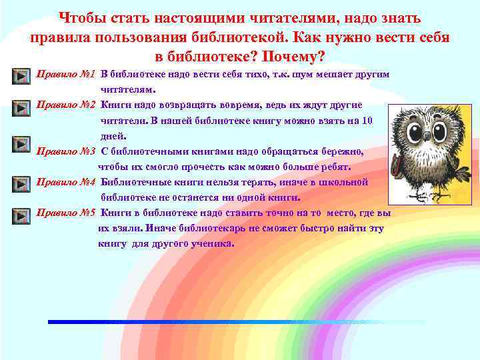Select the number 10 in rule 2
coord(366,121)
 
